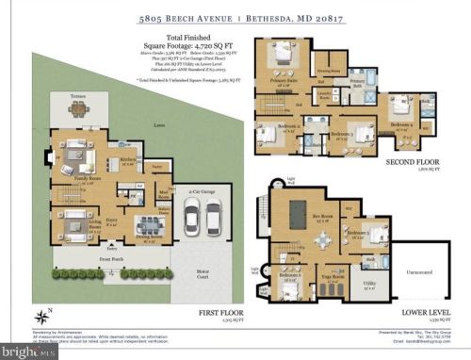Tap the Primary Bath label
[359, 82]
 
